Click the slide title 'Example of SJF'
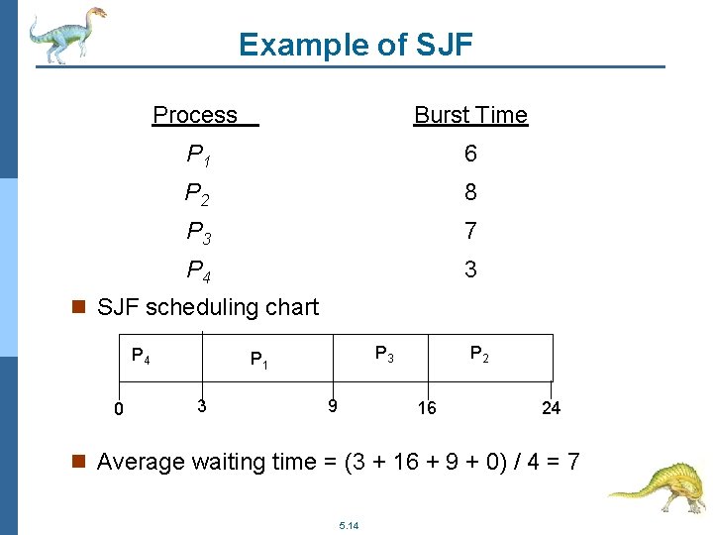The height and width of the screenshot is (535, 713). (356, 45)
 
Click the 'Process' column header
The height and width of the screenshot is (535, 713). (196, 115)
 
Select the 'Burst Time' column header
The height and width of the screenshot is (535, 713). (470, 115)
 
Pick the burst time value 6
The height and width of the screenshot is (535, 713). (470, 154)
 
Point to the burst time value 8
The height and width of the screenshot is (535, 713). (470, 192)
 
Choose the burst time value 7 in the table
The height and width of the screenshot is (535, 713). (470, 231)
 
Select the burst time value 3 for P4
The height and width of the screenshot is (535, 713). (470, 269)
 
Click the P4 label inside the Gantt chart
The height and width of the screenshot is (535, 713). (141, 354)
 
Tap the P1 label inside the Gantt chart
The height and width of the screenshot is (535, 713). (258, 360)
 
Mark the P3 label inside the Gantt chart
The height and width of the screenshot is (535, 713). (383, 353)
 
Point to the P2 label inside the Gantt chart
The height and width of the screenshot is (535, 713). (478, 353)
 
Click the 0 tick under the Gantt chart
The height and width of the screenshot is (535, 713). (118, 408)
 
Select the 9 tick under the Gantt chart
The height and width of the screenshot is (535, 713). (333, 405)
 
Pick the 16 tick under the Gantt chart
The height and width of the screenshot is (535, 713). (426, 408)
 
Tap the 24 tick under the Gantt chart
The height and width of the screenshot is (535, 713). (551, 408)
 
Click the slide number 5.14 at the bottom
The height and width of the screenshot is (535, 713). (349, 525)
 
